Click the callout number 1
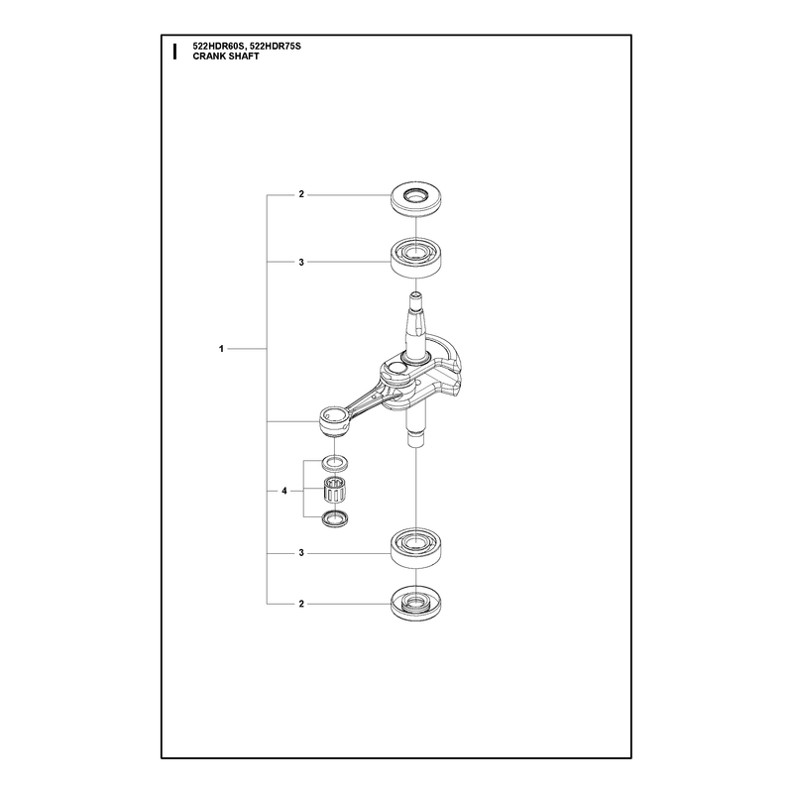pos(221,349)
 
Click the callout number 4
pos(284,491)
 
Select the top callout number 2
pos(301,194)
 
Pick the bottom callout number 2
pos(301,604)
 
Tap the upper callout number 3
pos(301,262)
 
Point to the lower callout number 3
pos(301,553)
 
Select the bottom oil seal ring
pos(415,606)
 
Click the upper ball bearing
pos(415,259)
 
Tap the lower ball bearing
pos(415,549)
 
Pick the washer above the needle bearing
pos(335,462)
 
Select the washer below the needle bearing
pos(335,518)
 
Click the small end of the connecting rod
pos(334,422)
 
